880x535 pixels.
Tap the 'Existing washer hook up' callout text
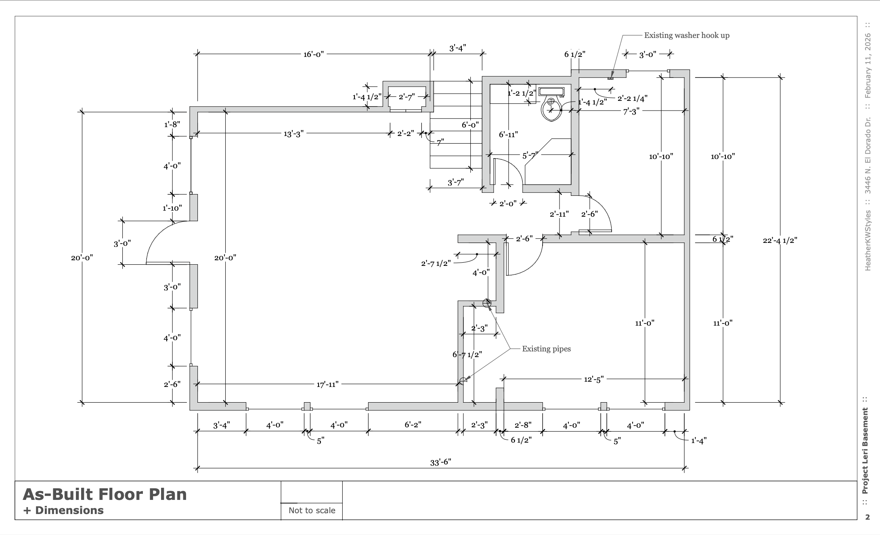(687, 35)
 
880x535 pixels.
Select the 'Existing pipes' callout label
(546, 349)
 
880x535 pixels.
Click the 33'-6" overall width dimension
(440, 462)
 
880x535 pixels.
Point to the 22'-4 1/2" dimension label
(780, 240)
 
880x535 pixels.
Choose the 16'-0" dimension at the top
(314, 54)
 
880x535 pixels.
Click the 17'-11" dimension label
(327, 385)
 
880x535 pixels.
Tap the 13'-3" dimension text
(293, 134)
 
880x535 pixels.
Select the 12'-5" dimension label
(594, 380)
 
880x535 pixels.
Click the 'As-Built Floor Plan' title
(105, 494)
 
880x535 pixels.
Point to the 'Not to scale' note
(312, 510)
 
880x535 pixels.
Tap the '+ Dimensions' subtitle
(63, 510)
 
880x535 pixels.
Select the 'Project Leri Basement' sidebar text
(865, 451)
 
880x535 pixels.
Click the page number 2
(867, 517)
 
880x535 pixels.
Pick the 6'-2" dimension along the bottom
(413, 425)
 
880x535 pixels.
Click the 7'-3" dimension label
(631, 112)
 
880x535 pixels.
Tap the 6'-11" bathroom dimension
(508, 134)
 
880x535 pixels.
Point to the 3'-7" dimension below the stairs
(455, 183)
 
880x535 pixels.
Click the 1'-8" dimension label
(172, 124)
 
